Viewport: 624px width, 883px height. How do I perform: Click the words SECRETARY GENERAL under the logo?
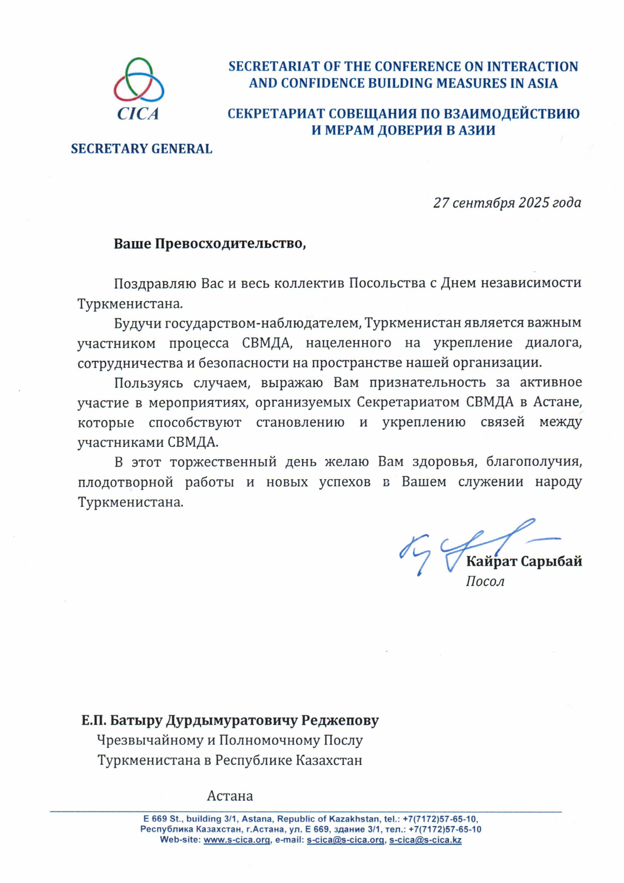(x=141, y=149)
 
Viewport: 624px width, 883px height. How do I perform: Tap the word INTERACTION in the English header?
(x=532, y=66)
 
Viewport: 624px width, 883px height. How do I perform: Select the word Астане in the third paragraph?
(x=557, y=402)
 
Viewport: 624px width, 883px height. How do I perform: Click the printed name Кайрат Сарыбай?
(x=524, y=562)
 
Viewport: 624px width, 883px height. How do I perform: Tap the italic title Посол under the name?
(x=485, y=581)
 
